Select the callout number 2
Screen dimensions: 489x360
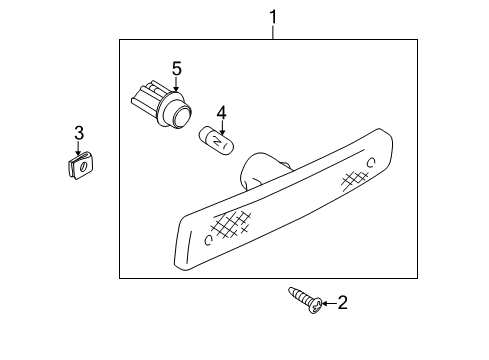coord(342,303)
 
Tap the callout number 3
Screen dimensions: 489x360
coord(78,133)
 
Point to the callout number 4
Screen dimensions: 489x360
coord(223,113)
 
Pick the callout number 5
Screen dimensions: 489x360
coord(176,68)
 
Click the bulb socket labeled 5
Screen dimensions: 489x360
coord(161,105)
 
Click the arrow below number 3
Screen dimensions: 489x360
coord(78,147)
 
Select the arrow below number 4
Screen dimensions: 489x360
coord(223,127)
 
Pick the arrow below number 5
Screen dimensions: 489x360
coord(177,85)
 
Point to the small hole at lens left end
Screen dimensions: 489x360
coord(206,240)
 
